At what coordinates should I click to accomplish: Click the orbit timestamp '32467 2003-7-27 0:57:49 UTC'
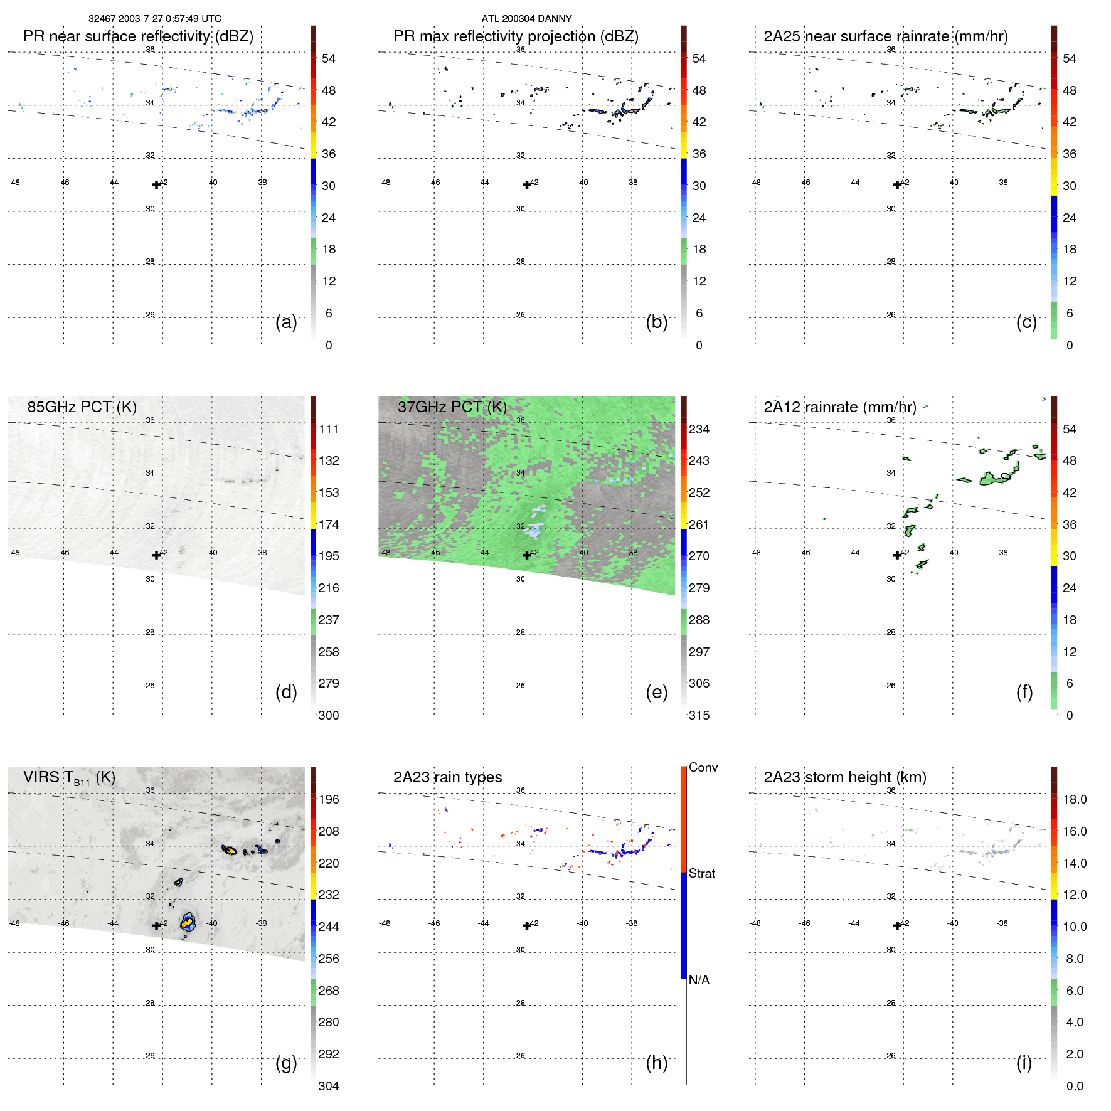click(154, 19)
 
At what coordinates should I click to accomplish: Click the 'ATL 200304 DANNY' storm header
click(526, 19)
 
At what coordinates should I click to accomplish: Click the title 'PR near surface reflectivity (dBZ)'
click(138, 36)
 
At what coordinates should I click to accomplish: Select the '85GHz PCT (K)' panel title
click(82, 407)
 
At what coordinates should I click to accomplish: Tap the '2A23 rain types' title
click(447, 777)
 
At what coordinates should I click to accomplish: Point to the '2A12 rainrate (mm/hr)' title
click(839, 407)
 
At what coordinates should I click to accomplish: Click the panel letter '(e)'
click(656, 692)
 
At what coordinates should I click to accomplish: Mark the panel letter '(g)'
click(286, 1063)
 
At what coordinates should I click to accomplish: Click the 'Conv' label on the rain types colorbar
click(703, 767)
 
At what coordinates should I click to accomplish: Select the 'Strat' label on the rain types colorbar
click(701, 873)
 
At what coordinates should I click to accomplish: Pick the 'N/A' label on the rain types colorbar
click(699, 980)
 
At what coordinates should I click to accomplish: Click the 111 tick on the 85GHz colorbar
click(329, 429)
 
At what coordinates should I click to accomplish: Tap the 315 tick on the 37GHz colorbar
click(699, 715)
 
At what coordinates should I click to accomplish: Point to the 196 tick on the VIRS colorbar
click(329, 799)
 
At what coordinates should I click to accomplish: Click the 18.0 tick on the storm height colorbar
click(1074, 799)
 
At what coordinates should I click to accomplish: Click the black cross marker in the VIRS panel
click(156, 925)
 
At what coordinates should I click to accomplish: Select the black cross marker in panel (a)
click(156, 184)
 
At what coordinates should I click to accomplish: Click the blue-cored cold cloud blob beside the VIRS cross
click(188, 922)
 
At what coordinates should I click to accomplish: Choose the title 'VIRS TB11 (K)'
click(69, 778)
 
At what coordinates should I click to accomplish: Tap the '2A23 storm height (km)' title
click(844, 777)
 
